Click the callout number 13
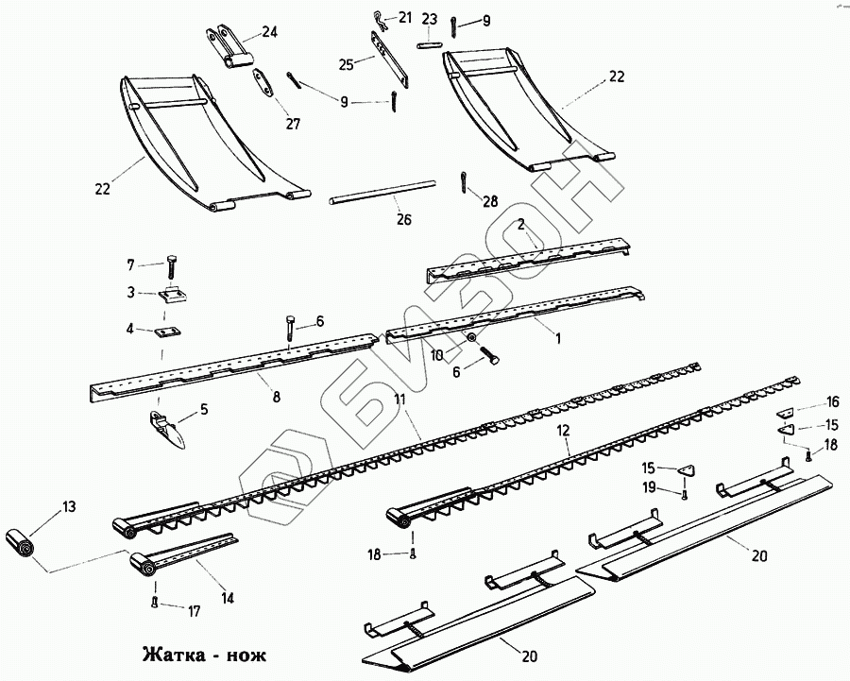(x=69, y=507)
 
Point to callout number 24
(x=270, y=32)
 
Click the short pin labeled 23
(x=429, y=42)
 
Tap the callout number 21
(x=405, y=17)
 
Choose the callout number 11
(x=400, y=400)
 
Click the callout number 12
(x=563, y=431)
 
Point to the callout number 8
(x=276, y=398)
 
